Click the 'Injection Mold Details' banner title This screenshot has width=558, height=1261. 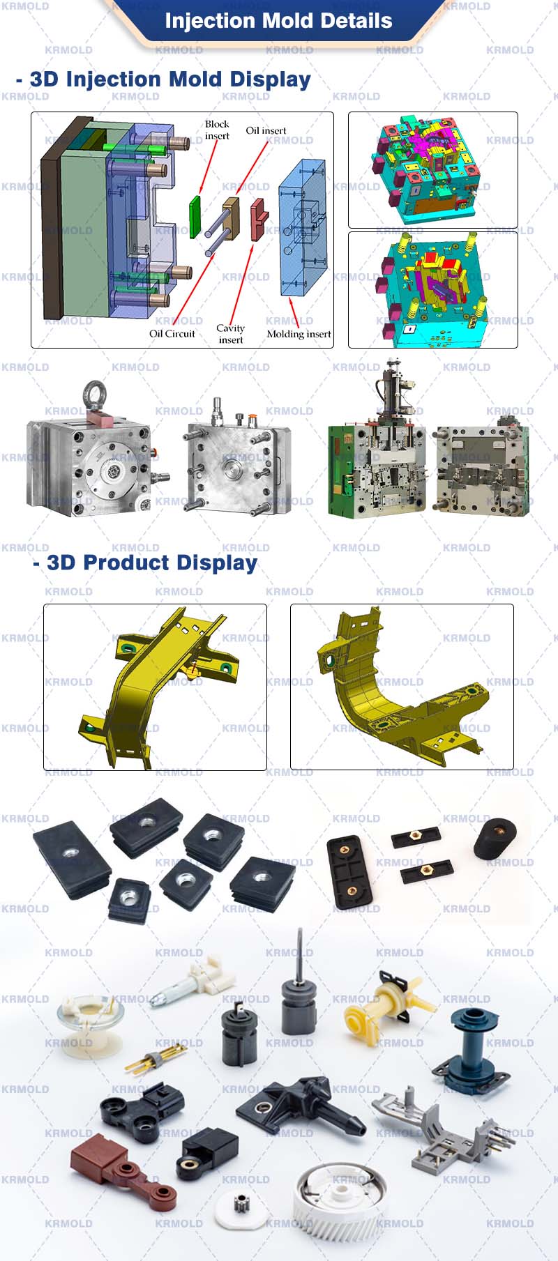(278, 21)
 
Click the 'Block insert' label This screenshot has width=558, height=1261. (217, 130)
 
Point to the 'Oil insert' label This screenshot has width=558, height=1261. (266, 130)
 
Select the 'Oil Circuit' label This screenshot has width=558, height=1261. (172, 334)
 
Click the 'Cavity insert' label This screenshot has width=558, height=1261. (230, 334)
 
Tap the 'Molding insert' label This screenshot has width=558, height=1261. (299, 334)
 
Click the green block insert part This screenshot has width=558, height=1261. (195, 216)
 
